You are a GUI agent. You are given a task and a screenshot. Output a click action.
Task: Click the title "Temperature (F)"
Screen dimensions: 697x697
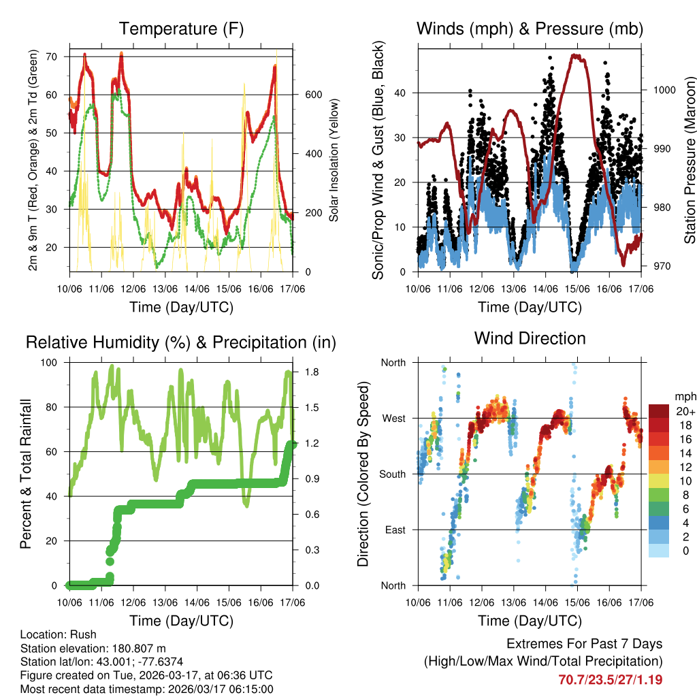pyautogui.click(x=181, y=29)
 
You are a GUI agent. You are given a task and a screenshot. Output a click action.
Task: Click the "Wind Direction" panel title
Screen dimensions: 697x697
pyautogui.click(x=530, y=338)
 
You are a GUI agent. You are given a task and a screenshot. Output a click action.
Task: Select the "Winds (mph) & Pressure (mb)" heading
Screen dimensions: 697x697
pyautogui.click(x=530, y=29)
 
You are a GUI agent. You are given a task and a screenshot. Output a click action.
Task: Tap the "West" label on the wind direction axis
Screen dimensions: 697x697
pyautogui.click(x=393, y=418)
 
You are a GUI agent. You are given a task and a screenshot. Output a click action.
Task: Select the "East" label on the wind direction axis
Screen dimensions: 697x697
pyautogui.click(x=394, y=530)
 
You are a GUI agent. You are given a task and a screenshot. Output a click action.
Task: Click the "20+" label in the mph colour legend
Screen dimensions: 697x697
pyautogui.click(x=684, y=411)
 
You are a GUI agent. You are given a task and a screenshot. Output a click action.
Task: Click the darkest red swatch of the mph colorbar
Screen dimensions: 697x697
pyautogui.click(x=660, y=411)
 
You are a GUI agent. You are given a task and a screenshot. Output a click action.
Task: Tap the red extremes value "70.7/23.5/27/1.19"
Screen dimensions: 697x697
pyautogui.click(x=610, y=679)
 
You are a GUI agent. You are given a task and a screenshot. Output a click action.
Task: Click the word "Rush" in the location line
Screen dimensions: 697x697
pyautogui.click(x=84, y=634)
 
